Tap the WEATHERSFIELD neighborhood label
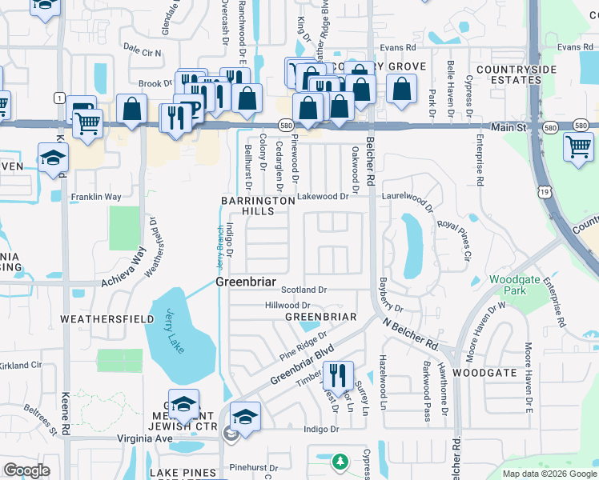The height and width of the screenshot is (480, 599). pos(95,318)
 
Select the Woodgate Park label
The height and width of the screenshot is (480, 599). pos(509,286)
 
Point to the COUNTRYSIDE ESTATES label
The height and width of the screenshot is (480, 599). pos(516,75)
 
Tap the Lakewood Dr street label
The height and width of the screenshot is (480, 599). pos(323,196)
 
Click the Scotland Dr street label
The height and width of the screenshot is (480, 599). pos(304,290)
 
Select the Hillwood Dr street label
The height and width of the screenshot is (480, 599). pos(287,306)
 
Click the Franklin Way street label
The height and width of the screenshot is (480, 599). pos(95,197)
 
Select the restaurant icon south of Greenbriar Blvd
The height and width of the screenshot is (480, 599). pos(338,374)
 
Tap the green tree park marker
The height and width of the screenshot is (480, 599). pos(340,461)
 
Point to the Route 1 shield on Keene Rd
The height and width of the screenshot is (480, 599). pos(59,98)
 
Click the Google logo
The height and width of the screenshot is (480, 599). pos(26,470)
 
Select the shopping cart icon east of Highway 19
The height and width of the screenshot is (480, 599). pos(578,146)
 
